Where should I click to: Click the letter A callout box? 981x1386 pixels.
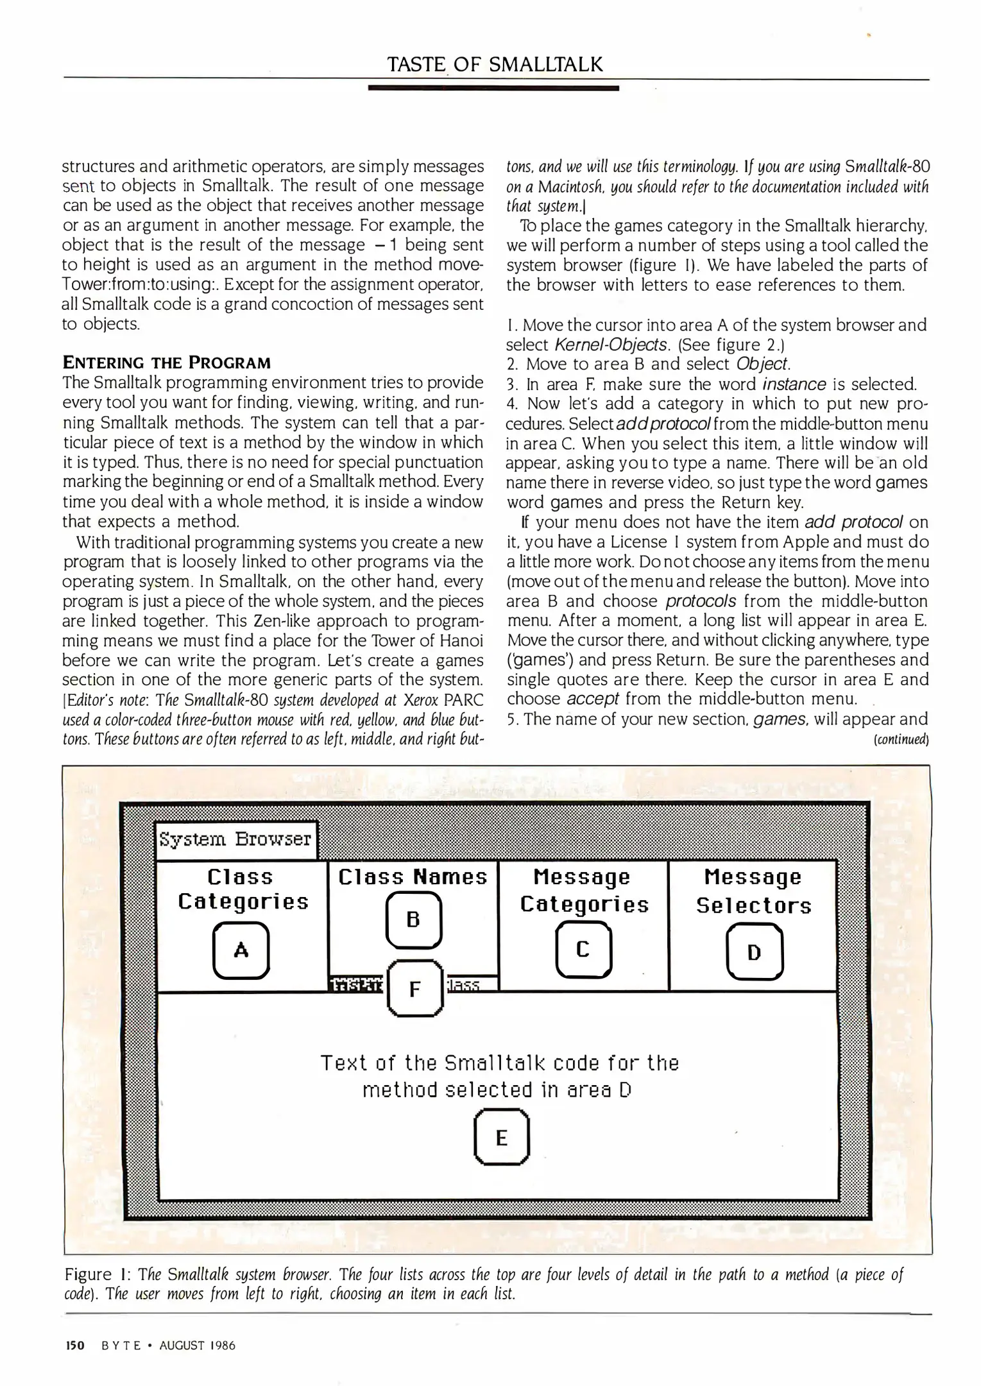tap(241, 950)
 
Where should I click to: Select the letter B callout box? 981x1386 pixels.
tap(413, 920)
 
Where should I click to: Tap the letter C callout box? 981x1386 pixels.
tap(583, 949)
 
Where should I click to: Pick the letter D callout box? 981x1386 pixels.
tap(754, 952)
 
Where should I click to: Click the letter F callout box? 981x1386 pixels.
tap(415, 989)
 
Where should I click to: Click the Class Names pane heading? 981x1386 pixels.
tap(413, 877)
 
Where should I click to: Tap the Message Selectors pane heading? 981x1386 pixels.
tap(753, 891)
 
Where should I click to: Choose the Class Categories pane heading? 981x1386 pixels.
tap(243, 889)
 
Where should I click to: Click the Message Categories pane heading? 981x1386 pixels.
tap(584, 891)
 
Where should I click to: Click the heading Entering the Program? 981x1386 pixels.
tap(167, 363)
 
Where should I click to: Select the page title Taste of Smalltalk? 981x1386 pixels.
tap(495, 65)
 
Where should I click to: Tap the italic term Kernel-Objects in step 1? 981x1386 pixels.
tap(610, 345)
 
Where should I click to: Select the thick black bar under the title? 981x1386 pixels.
tap(493, 87)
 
